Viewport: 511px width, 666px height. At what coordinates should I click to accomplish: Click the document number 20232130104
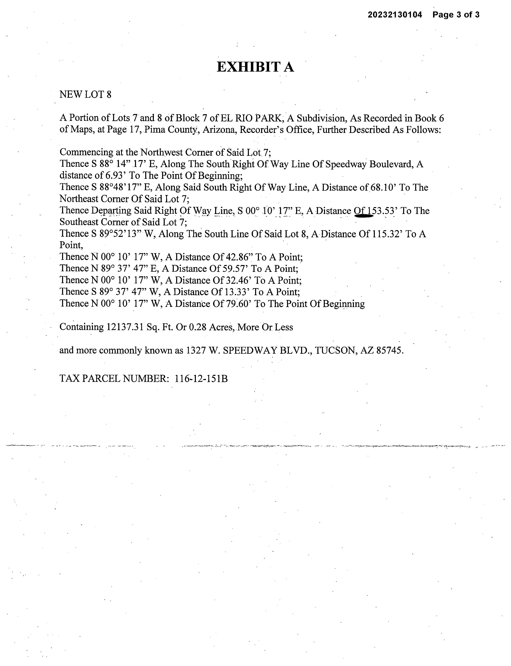click(x=395, y=15)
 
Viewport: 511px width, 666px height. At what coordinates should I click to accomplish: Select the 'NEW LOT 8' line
click(x=86, y=95)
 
